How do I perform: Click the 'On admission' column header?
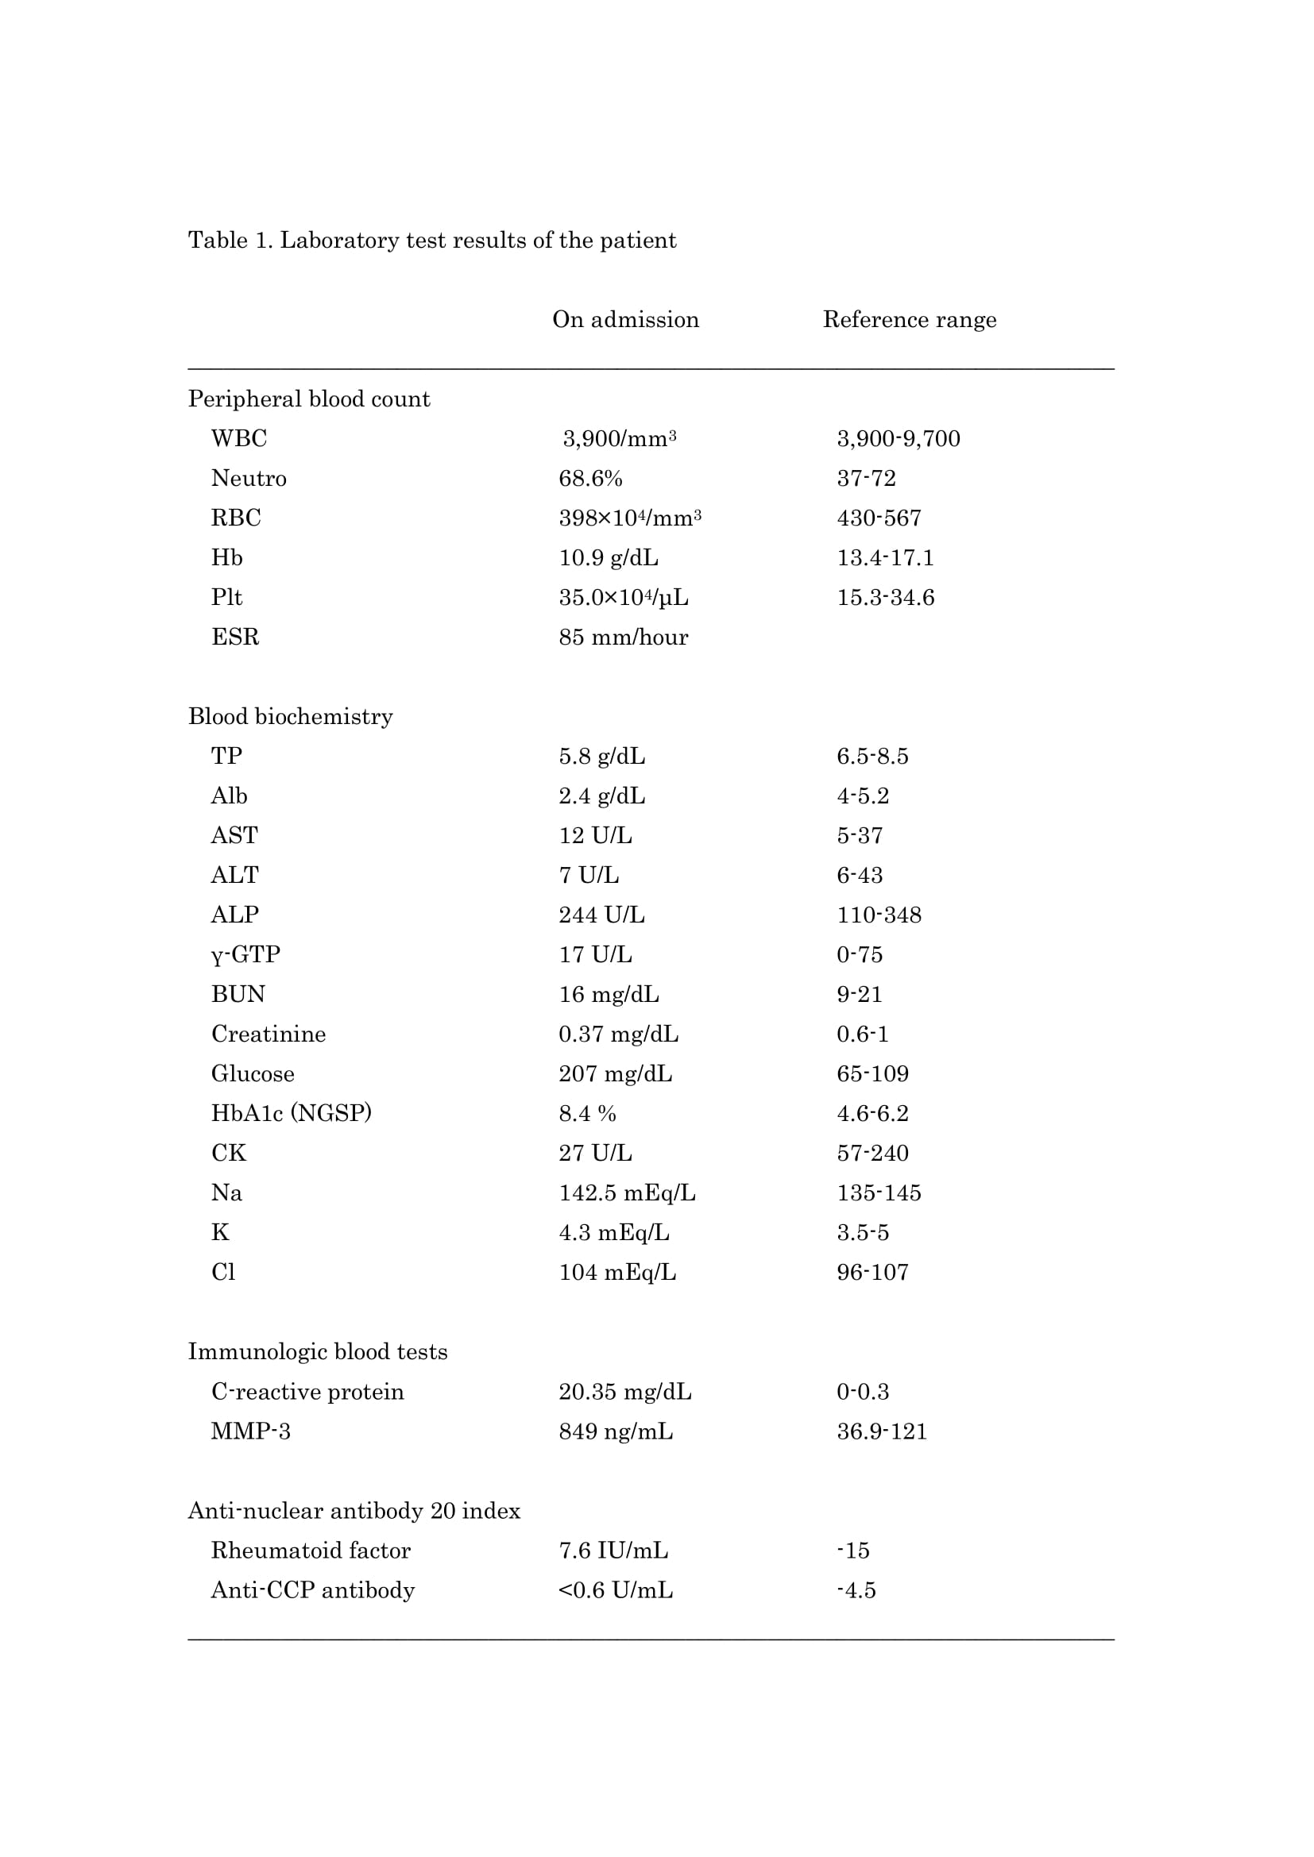[x=625, y=319]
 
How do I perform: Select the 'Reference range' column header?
[x=909, y=319]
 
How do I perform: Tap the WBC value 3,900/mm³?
[x=619, y=438]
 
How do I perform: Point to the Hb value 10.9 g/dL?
[x=608, y=557]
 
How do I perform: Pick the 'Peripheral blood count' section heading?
[x=309, y=399]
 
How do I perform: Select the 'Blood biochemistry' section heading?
[x=291, y=716]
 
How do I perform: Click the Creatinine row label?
[x=269, y=1034]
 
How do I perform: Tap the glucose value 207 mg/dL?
[x=615, y=1073]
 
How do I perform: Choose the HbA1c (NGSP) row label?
[x=292, y=1113]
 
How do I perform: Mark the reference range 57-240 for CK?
[x=872, y=1153]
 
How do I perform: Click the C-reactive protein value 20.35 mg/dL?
[x=624, y=1391]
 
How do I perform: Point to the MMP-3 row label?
[x=251, y=1431]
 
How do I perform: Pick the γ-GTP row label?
[x=246, y=954]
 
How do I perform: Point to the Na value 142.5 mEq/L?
[x=626, y=1192]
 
